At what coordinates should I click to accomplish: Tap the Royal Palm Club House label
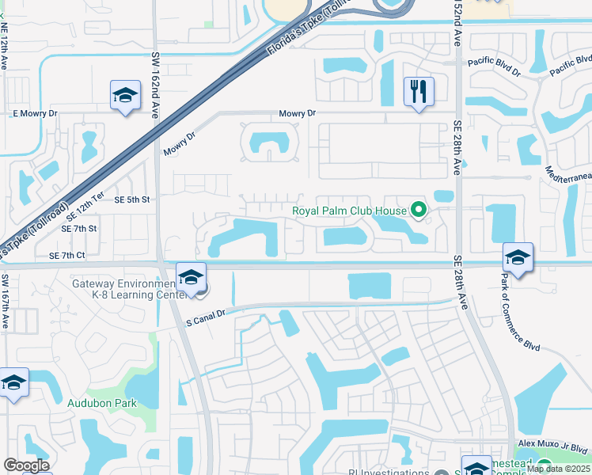tap(349, 211)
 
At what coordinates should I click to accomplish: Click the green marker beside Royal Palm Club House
tap(420, 211)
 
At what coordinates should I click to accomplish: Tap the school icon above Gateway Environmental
tap(191, 278)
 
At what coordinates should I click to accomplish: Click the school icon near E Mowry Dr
tap(125, 97)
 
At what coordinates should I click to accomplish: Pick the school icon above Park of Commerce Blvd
tap(518, 257)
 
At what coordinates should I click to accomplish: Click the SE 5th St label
tap(132, 199)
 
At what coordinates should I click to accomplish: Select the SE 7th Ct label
tap(66, 256)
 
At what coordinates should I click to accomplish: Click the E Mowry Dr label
tap(36, 113)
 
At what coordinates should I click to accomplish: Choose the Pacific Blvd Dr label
tap(495, 66)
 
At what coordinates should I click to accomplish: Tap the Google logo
tap(26, 465)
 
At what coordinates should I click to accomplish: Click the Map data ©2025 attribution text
tap(559, 469)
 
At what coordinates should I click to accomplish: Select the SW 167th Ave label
tap(5, 302)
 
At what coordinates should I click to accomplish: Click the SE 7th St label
tap(78, 228)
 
